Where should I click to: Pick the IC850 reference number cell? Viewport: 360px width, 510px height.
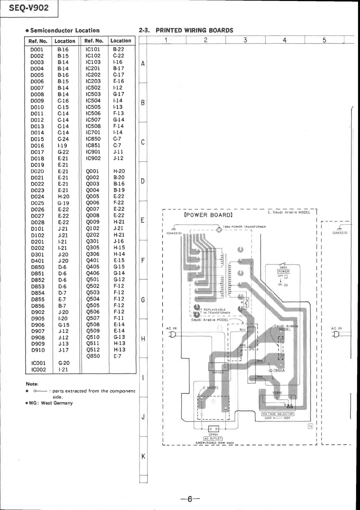pyautogui.click(x=93, y=139)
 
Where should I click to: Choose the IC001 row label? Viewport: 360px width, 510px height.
pyautogui.click(x=38, y=363)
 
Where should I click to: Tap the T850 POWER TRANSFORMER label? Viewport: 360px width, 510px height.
pyautogui.click(x=245, y=227)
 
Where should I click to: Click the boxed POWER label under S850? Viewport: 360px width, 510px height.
pyautogui.click(x=283, y=271)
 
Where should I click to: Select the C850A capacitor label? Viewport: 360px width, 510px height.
pyautogui.click(x=279, y=370)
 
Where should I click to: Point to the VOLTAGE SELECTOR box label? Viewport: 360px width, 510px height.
pyautogui.click(x=278, y=414)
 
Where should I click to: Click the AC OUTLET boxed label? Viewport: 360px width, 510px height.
pyautogui.click(x=213, y=439)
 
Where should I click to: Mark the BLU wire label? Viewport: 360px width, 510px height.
pyautogui.click(x=242, y=330)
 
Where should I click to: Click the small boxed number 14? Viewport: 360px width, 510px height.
pyautogui.click(x=310, y=427)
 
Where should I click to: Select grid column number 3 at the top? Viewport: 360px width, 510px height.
pyautogui.click(x=245, y=40)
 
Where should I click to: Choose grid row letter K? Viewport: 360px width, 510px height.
pyautogui.click(x=143, y=456)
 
